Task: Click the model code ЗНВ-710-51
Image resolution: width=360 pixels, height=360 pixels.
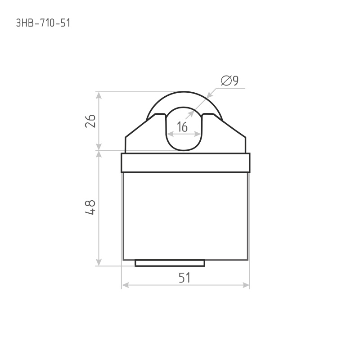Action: (x=43, y=23)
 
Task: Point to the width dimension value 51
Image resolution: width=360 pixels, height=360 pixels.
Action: (x=184, y=278)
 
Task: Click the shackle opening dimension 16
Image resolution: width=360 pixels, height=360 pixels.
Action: (x=182, y=127)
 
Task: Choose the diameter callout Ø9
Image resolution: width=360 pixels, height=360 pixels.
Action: (x=229, y=81)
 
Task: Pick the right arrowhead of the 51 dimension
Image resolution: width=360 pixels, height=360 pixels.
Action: (x=246, y=285)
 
